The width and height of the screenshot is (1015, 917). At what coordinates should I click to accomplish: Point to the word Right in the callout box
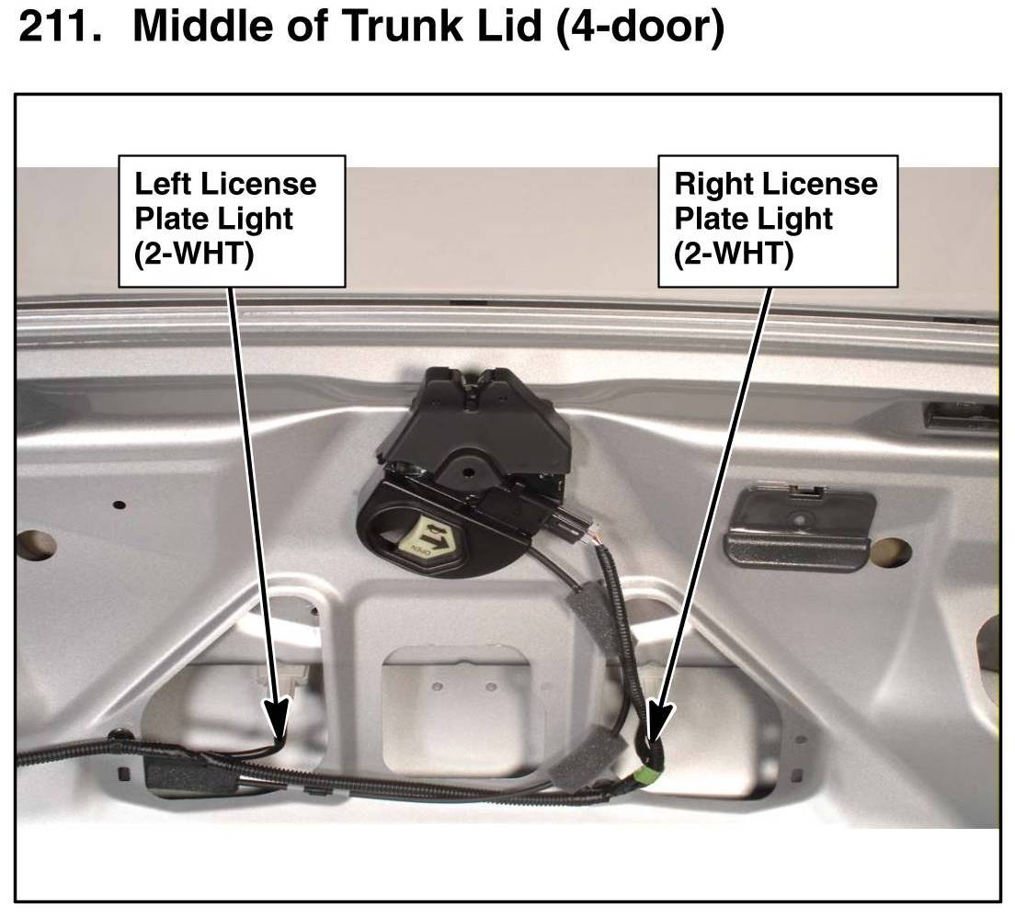(x=712, y=184)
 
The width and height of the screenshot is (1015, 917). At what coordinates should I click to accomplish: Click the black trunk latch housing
(x=478, y=432)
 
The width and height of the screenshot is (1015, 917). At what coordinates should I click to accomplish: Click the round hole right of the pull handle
(x=890, y=551)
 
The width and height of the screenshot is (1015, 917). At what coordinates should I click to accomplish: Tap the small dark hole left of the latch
(x=120, y=504)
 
